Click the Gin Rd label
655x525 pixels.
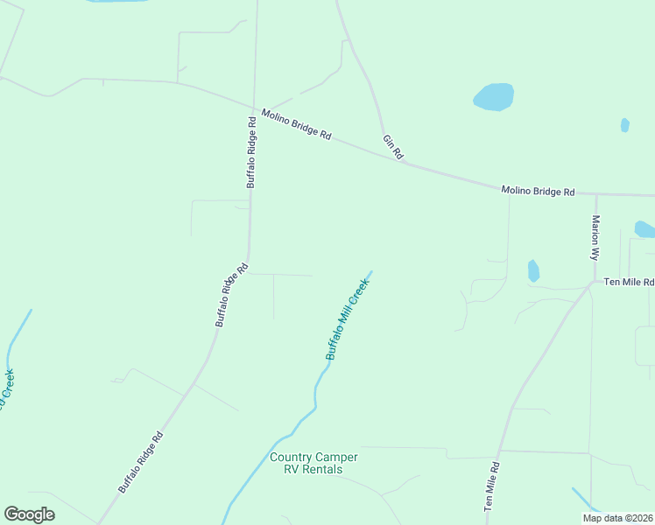[392, 147]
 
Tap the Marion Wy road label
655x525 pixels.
[595, 238]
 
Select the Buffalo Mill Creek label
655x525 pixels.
[348, 319]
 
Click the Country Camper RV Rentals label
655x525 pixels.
[313, 463]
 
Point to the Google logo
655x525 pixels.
[29, 514]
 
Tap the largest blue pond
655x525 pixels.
[493, 96]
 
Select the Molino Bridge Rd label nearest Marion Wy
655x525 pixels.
[538, 191]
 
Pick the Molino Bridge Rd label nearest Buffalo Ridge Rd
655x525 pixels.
[297, 124]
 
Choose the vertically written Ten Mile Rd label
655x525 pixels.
[491, 486]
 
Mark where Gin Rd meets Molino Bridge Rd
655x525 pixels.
[405, 162]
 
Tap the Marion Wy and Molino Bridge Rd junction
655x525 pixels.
[595, 194]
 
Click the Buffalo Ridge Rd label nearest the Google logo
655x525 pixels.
[141, 462]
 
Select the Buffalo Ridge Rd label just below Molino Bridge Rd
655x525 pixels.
[251, 153]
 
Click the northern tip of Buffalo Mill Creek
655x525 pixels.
[371, 271]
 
